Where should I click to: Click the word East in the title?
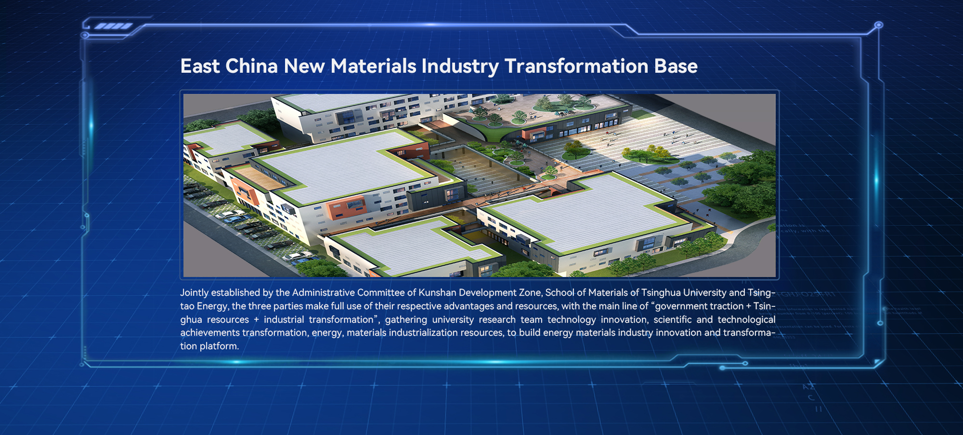click(200, 66)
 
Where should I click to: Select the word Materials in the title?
click(373, 66)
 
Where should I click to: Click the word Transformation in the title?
click(576, 66)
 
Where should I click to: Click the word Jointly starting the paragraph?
click(195, 293)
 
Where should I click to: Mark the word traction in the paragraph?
click(725, 306)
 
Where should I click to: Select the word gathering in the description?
click(406, 320)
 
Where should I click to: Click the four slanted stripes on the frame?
click(114, 26)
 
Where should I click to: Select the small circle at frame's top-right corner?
click(879, 25)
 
